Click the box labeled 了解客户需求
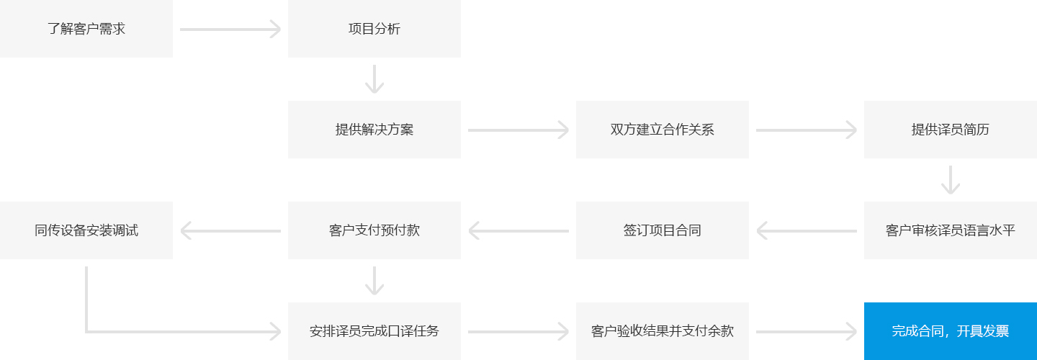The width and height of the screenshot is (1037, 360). coord(86,29)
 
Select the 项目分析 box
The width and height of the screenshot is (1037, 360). coord(374,29)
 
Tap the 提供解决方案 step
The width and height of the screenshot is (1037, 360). coord(374,130)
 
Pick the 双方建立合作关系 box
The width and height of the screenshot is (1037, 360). coord(662,130)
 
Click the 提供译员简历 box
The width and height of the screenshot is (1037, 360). coord(951,130)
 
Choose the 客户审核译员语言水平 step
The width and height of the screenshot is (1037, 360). coord(951,230)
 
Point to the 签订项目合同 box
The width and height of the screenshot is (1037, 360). coord(662,230)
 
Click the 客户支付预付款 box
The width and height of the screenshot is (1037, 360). coord(374,230)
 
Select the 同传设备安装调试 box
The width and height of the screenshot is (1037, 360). coord(86,230)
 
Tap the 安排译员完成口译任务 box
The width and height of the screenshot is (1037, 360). coord(374,331)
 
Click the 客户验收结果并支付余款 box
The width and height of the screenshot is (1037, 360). coord(662,331)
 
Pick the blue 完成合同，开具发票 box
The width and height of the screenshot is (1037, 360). coord(951,331)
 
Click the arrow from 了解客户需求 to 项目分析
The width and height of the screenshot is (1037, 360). coord(230,29)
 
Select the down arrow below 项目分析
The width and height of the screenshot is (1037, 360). coord(374,79)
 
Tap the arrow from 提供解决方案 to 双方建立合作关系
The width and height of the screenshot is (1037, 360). coord(518,130)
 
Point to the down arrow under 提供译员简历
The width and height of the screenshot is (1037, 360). coord(951,180)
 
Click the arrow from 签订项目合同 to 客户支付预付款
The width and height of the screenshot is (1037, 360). coord(518,231)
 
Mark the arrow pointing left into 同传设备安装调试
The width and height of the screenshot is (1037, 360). coord(230,231)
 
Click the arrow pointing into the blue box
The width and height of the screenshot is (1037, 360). coord(807,332)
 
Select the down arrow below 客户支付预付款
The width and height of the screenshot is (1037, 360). coord(374,281)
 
